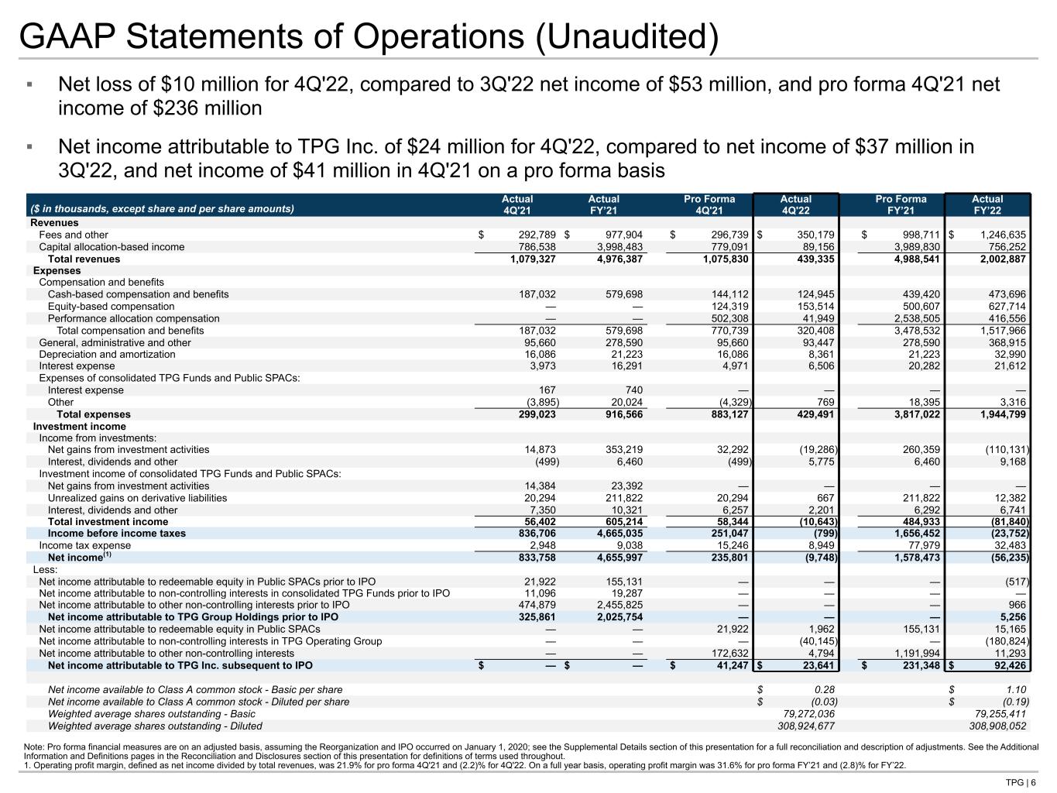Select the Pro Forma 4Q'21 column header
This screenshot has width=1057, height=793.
click(x=709, y=204)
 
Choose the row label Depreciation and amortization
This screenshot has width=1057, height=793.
click(x=107, y=355)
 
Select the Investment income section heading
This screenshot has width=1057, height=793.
click(x=79, y=427)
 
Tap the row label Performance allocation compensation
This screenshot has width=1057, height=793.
click(x=133, y=318)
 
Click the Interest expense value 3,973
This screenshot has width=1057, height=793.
click(x=539, y=366)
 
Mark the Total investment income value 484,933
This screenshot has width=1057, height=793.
click(x=918, y=522)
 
